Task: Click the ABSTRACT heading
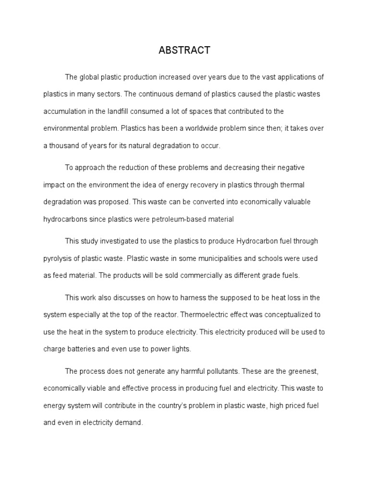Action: coord(184,50)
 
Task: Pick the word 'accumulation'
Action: coord(62,111)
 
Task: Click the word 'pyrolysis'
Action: coord(57,258)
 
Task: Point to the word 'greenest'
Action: coord(300,371)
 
